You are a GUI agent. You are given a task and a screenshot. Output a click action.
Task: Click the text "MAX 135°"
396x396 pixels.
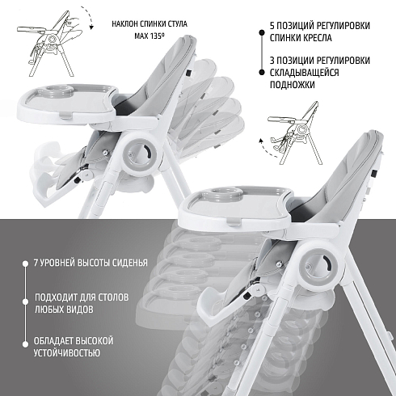coord(150,36)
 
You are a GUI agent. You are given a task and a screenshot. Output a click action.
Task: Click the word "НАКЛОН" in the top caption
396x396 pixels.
coord(124,24)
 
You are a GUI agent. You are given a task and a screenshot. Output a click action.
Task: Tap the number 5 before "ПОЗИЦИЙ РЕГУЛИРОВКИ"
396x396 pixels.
coord(272,26)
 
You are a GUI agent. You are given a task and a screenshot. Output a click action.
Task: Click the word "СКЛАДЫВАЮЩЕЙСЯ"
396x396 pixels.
coord(304,73)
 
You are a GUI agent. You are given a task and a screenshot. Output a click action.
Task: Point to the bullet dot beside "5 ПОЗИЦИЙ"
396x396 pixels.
coord(261,32)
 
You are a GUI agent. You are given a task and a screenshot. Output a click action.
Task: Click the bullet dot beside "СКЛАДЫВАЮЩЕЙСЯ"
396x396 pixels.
coord(261,72)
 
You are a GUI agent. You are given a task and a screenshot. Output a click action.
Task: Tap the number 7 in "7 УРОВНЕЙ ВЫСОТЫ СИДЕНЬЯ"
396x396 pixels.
coord(36,263)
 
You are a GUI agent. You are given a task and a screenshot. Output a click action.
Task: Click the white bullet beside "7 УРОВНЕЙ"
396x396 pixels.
coord(25,263)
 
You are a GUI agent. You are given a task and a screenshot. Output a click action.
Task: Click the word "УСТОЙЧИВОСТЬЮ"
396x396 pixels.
coord(67,352)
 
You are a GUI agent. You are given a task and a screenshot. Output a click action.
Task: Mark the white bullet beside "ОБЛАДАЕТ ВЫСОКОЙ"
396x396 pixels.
coord(25,344)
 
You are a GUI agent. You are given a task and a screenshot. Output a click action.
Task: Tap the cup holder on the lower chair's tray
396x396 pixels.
coord(228,193)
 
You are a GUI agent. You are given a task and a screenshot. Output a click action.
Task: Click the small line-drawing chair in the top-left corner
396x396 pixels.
coord(50,43)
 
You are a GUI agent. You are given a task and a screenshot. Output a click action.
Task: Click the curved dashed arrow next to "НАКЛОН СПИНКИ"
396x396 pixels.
coord(88,17)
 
